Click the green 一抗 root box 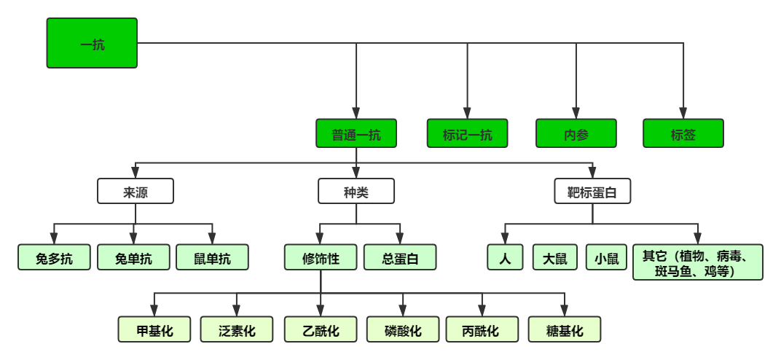92,44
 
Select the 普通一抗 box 356,134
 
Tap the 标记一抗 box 467,134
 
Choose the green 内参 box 576,134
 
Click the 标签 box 683,134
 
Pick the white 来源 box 136,192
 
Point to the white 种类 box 356,192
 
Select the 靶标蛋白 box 592,192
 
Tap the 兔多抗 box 55,258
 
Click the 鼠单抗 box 212,258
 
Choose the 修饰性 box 321,258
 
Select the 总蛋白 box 400,258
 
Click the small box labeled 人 505,258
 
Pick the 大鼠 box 555,258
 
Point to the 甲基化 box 154,330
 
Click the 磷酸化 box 403,330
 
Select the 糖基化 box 565,330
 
